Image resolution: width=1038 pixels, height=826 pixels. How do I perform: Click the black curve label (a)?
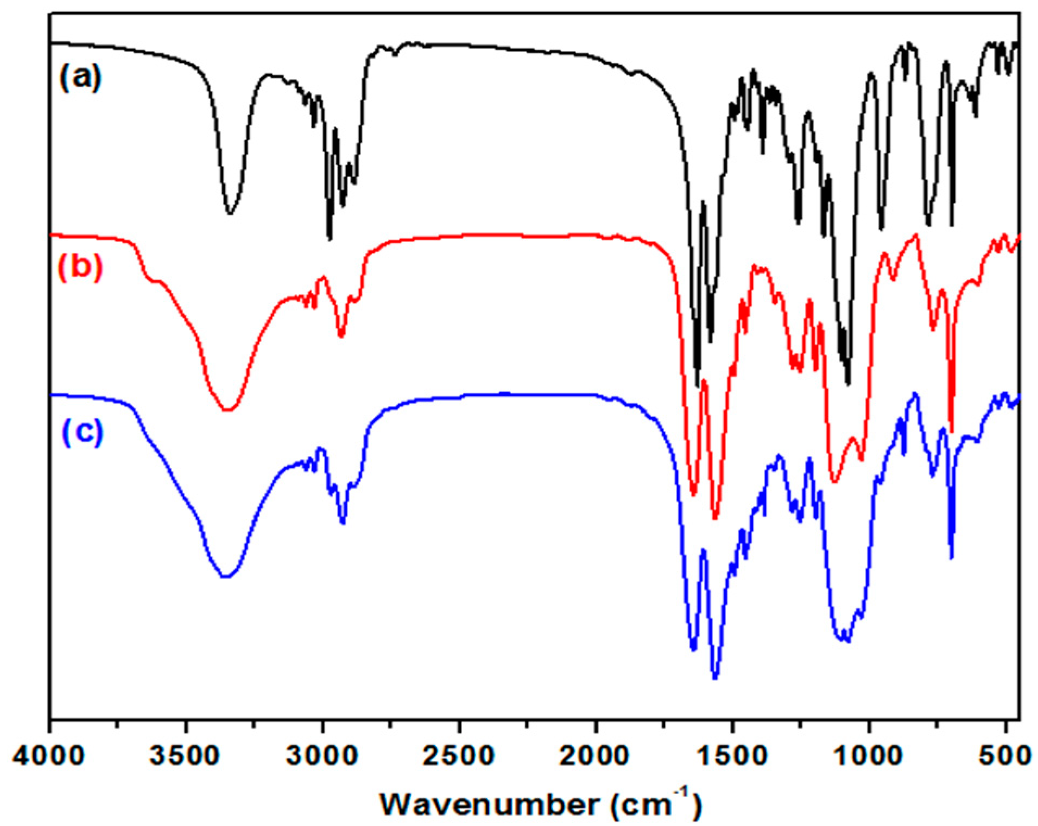[x=80, y=77]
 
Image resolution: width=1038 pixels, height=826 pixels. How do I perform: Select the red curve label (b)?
[x=80, y=266]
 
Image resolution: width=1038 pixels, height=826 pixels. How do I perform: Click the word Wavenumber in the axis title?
[x=490, y=804]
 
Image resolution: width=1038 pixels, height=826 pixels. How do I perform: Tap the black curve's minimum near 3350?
[x=230, y=213]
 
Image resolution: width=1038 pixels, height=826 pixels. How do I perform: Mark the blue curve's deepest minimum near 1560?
[x=715, y=677]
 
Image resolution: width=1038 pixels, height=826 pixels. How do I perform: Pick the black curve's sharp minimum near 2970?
[x=329, y=238]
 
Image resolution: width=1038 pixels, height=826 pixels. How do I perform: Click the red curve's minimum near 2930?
[x=341, y=336]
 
